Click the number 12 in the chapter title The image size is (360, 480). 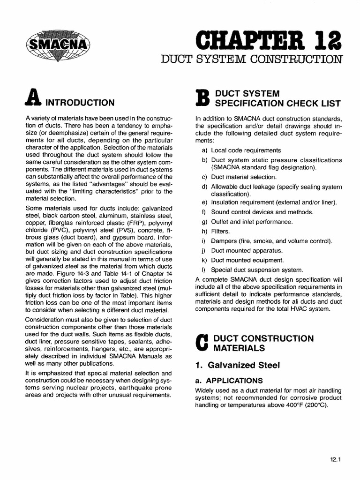click(326, 39)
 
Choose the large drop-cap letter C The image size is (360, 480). click(201, 343)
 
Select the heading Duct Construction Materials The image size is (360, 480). click(263, 343)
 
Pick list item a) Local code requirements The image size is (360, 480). click(242, 150)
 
